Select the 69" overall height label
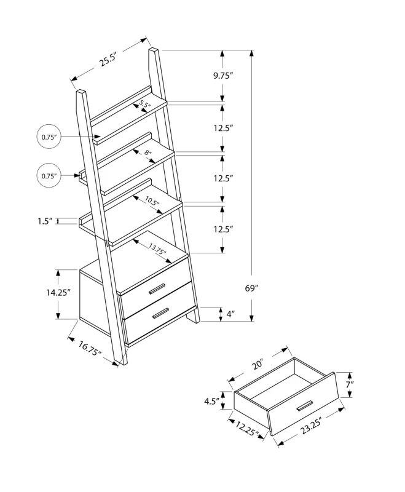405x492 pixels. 251,288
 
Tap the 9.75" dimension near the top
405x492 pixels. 223,76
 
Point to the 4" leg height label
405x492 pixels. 230,314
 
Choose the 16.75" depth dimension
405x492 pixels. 90,349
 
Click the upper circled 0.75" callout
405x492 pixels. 50,137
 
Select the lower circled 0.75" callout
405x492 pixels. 49,176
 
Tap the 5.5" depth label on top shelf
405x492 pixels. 145,105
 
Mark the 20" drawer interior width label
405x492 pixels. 257,364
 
